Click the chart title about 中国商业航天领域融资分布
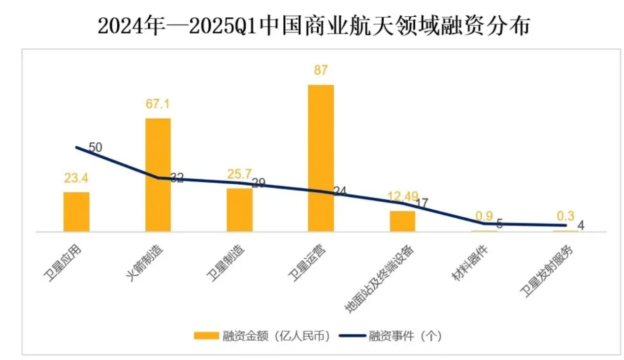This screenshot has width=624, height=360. click(314, 26)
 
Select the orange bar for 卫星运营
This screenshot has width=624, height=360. click(321, 158)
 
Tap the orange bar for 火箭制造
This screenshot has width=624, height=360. click(158, 175)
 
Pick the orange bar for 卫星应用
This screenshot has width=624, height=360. click(76, 212)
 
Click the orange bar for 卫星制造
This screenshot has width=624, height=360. click(239, 210)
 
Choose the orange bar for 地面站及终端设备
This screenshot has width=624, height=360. click(402, 221)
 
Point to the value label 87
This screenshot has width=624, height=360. click(321, 70)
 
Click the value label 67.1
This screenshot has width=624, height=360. click(158, 104)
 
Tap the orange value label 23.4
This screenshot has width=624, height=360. click(76, 178)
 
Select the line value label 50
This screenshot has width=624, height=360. click(96, 147)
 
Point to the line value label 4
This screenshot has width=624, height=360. click(581, 226)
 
